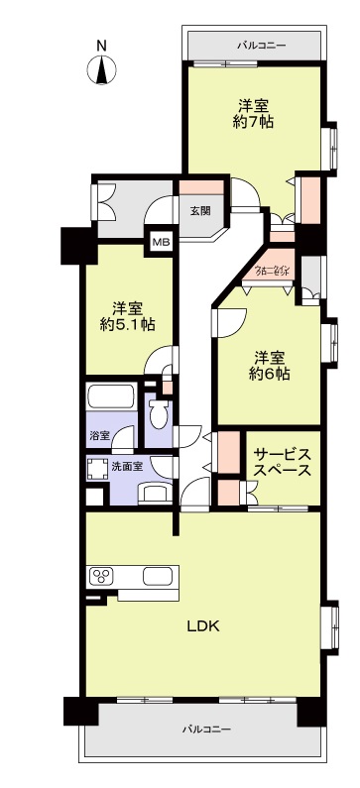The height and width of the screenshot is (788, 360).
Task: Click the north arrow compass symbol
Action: point(101,71)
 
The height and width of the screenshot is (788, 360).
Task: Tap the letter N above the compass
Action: point(101,46)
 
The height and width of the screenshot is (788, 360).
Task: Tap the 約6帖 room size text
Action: point(269,374)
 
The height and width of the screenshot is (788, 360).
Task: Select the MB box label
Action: point(160,240)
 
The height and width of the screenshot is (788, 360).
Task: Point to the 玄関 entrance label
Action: point(199,210)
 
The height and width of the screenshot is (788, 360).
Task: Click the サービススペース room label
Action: point(283,462)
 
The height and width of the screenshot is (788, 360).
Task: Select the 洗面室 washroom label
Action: point(125,465)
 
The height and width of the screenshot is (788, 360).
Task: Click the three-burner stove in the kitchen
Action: point(103,576)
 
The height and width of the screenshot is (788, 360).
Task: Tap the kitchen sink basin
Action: point(158,576)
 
